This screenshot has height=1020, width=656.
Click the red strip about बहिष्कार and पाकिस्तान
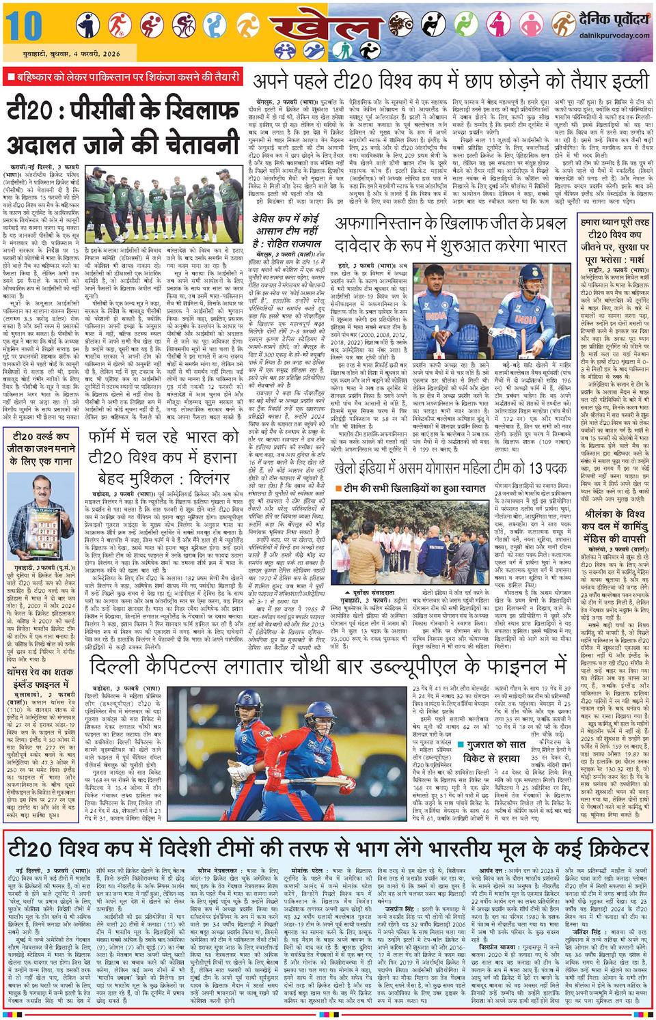pyautogui.click(x=122, y=76)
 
